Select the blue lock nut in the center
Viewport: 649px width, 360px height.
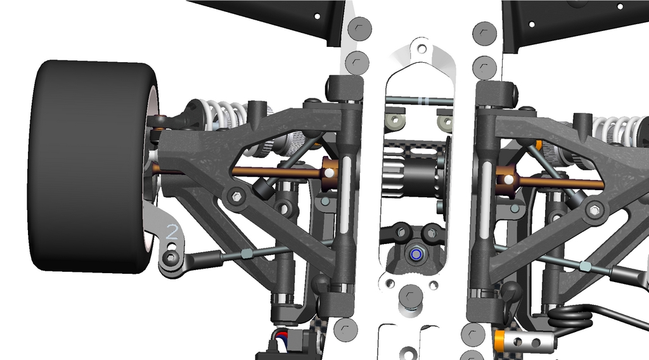tap(414, 254)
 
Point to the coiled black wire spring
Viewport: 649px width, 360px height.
tap(570, 318)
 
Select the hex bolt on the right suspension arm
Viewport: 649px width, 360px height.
tap(594, 210)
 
